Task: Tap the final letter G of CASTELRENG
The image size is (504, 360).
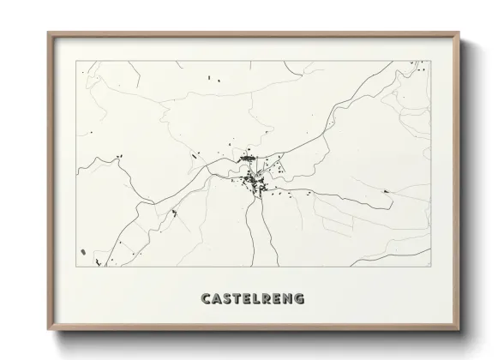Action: point(298,299)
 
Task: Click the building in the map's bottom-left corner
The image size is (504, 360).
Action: point(82,252)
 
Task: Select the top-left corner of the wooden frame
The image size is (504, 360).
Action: point(47,33)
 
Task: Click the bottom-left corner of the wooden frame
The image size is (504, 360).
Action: point(47,329)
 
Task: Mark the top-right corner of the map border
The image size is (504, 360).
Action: point(429,62)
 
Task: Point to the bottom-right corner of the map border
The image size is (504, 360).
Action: point(429,267)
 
